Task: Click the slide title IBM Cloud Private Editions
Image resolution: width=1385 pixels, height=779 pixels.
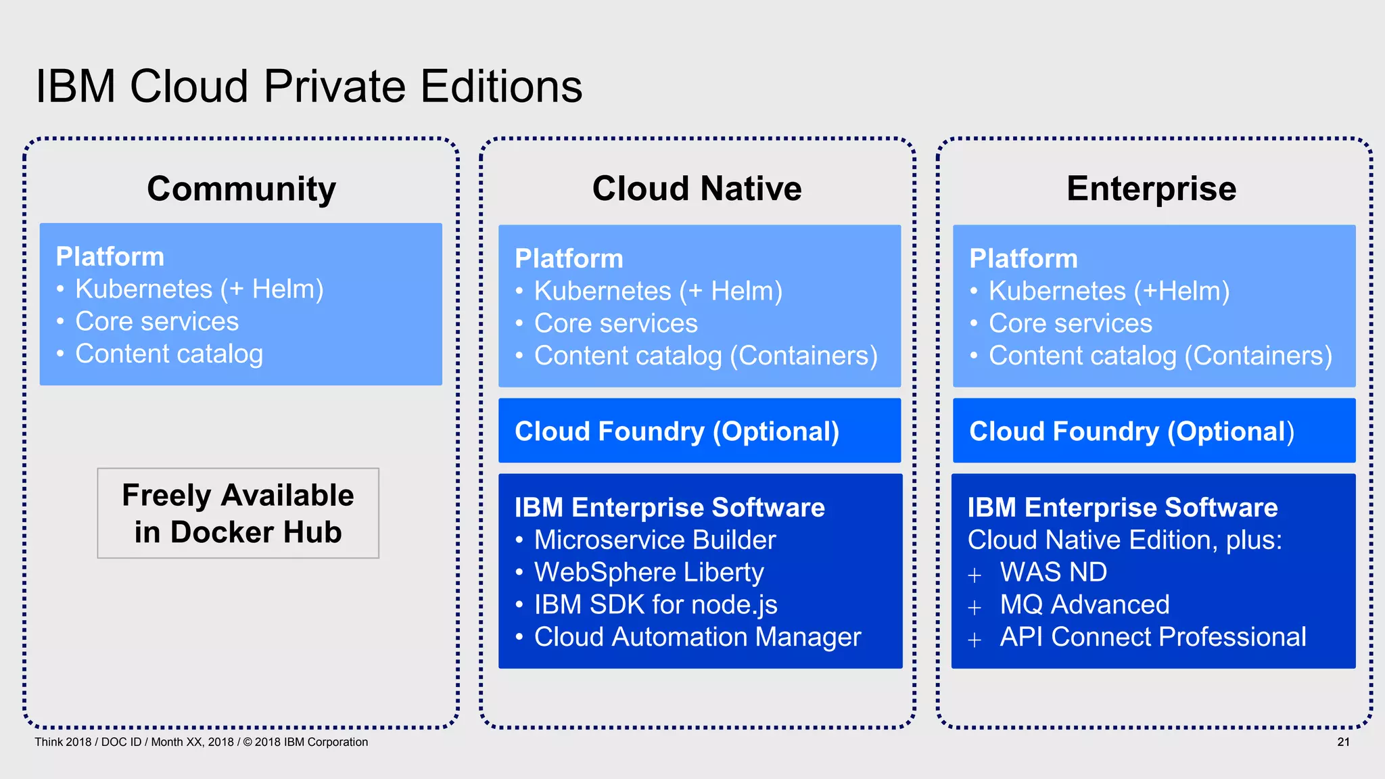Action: coord(308,87)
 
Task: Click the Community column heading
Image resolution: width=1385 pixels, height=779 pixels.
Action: coord(241,189)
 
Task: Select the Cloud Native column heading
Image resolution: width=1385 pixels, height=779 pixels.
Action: coord(697,189)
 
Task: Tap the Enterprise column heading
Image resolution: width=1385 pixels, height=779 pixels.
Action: coord(1151,189)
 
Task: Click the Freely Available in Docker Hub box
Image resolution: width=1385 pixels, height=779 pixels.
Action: coord(238,513)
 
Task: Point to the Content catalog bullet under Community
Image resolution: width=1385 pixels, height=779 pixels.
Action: coord(168,354)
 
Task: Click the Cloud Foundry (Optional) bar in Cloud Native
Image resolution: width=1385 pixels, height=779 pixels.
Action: coord(699,431)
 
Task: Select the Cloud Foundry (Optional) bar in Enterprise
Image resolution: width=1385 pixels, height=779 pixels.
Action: coord(1154,431)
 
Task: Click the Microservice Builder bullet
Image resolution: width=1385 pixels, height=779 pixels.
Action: coord(655,540)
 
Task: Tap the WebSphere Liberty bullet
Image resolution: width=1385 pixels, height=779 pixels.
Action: coord(649,572)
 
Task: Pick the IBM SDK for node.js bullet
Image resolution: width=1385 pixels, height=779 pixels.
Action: coord(655,605)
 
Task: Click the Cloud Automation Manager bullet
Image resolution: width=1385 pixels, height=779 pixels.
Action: coord(697,637)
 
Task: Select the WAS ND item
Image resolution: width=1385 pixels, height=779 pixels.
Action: coord(1053,572)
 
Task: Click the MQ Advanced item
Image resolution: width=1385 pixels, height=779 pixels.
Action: coord(1084,605)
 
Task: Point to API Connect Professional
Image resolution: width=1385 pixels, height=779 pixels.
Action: coord(1152,637)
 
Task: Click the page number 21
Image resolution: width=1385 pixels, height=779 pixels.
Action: coord(1343,742)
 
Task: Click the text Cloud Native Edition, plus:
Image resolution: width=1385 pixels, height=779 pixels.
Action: coord(1125,540)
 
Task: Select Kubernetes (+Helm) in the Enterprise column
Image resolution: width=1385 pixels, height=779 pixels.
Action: coord(1108,291)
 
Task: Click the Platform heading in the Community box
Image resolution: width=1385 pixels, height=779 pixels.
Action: coord(110,256)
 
